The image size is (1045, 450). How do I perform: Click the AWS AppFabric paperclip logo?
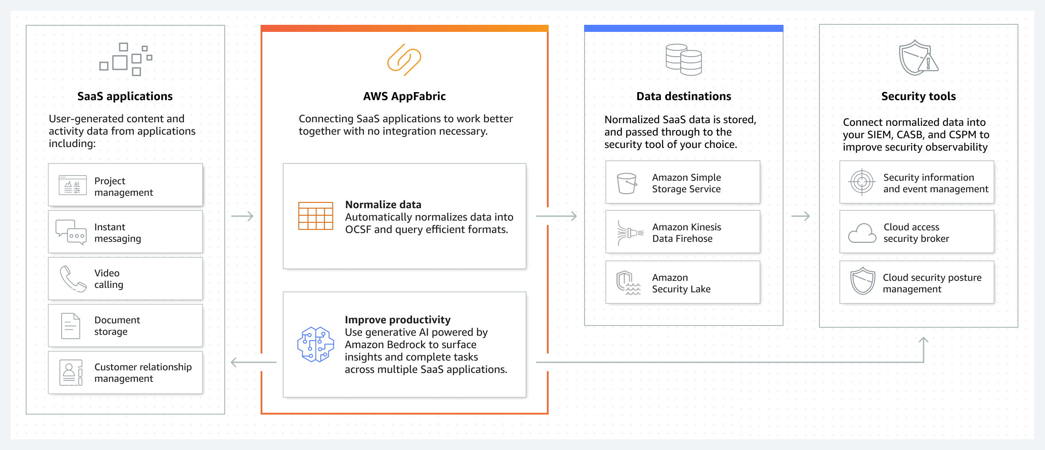pos(404,60)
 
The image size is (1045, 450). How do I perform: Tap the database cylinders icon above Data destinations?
pos(684,60)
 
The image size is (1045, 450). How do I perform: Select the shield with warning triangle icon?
pos(918,58)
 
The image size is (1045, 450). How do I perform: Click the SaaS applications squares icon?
pos(126,59)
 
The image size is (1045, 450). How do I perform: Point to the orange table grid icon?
pos(316,216)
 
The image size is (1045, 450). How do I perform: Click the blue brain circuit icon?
pos(316,345)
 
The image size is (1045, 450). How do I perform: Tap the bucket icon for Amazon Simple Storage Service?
pos(627,183)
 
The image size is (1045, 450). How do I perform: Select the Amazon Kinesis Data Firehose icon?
pos(630,233)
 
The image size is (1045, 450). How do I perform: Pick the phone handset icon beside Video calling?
pos(73,279)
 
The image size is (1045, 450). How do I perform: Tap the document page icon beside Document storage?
pos(70,326)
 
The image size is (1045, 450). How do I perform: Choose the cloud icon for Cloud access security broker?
pos(862,233)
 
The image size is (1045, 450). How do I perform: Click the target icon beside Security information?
pos(862,182)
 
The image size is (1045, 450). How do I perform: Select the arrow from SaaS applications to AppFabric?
pos(242,216)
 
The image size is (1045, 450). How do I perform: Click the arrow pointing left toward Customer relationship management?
pos(253,363)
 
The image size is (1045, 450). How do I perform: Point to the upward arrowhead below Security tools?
pos(924,341)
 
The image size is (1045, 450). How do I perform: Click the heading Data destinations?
pos(683,96)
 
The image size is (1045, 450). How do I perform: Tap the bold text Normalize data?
pos(383,205)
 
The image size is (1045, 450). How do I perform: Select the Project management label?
pos(124,186)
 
